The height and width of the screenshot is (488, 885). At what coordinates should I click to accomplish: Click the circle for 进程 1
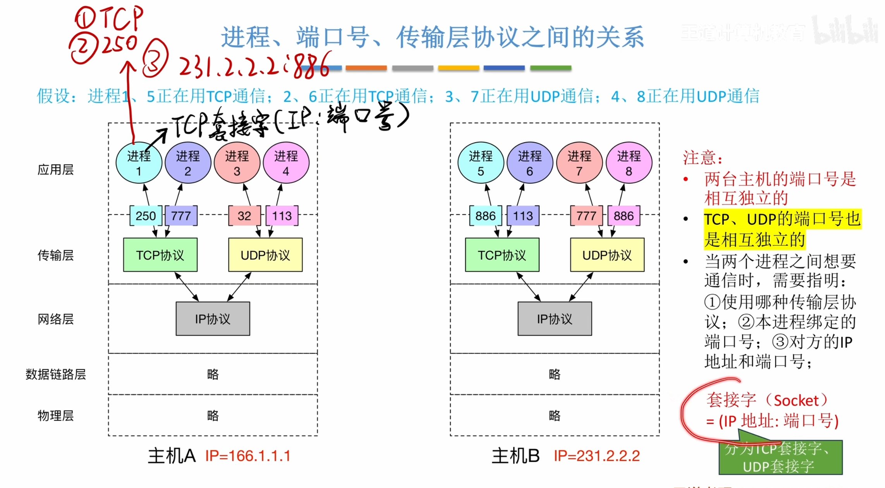pyautogui.click(x=139, y=163)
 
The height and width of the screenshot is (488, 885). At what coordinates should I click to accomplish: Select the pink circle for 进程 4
pyautogui.click(x=286, y=163)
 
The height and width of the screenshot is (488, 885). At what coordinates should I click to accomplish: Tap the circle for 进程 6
pyautogui.click(x=529, y=163)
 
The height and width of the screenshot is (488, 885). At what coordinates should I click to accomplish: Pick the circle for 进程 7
pyautogui.click(x=579, y=163)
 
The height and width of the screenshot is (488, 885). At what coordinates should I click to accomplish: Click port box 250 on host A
pyautogui.click(x=146, y=216)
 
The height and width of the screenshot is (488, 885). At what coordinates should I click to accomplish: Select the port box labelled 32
pyautogui.click(x=244, y=216)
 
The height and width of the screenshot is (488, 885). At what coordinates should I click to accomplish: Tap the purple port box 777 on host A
pyautogui.click(x=181, y=216)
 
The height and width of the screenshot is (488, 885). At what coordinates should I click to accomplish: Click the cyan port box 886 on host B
pyautogui.click(x=485, y=216)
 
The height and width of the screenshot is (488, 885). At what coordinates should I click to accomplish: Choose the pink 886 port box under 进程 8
pyautogui.click(x=623, y=216)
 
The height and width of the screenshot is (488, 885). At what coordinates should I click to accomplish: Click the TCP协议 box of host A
pyautogui.click(x=160, y=255)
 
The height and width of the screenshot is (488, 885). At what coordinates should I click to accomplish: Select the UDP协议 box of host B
pyautogui.click(x=607, y=255)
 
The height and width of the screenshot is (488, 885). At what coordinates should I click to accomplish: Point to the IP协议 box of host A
pyautogui.click(x=213, y=319)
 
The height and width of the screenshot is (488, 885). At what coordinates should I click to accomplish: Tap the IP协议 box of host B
pyautogui.click(x=554, y=319)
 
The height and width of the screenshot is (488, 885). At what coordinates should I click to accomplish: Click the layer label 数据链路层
pyautogui.click(x=55, y=374)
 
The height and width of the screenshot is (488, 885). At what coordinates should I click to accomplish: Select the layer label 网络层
pyautogui.click(x=55, y=319)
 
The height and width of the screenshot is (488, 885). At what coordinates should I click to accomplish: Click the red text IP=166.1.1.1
pyautogui.click(x=248, y=456)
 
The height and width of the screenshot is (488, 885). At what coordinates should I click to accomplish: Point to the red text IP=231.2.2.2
pyautogui.click(x=596, y=456)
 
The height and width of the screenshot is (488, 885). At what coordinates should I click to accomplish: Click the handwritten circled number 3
pyautogui.click(x=155, y=58)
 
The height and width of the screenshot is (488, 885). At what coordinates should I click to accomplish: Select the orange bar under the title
pyautogui.click(x=366, y=68)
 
